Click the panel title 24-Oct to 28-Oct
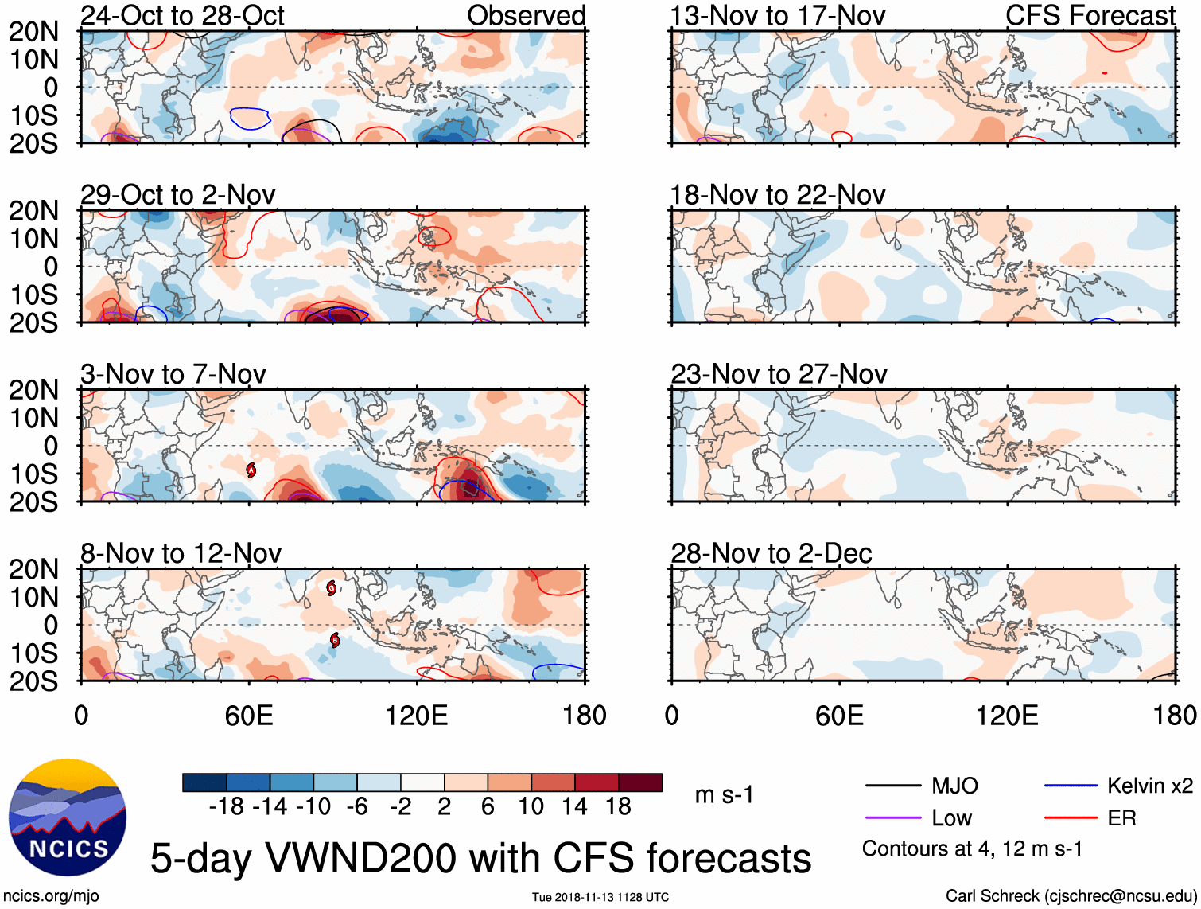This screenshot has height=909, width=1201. pyautogui.click(x=182, y=16)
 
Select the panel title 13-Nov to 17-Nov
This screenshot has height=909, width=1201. pyautogui.click(x=777, y=16)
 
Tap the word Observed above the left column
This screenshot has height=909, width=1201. pyautogui.click(x=526, y=16)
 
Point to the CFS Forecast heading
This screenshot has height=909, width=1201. pyautogui.click(x=1090, y=16)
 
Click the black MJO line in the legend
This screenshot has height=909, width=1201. pyautogui.click(x=892, y=786)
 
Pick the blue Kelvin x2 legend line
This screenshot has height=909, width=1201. pyautogui.click(x=1071, y=786)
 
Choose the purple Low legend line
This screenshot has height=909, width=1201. pyautogui.click(x=892, y=818)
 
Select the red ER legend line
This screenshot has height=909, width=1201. pyautogui.click(x=1071, y=818)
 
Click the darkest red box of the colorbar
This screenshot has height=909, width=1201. pyautogui.click(x=640, y=782)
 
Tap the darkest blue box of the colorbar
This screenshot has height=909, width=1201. pyautogui.click(x=204, y=782)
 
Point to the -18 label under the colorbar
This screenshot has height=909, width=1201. pyautogui.click(x=227, y=807)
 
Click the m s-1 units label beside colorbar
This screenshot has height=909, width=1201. pyautogui.click(x=724, y=794)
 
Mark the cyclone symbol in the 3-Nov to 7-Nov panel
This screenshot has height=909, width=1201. pyautogui.click(x=251, y=470)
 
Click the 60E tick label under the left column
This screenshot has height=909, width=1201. pyautogui.click(x=249, y=716)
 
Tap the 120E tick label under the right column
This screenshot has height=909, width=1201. pyautogui.click(x=1007, y=716)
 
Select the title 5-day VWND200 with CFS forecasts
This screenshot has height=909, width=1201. pyautogui.click(x=480, y=858)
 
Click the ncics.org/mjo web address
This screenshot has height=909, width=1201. pyautogui.click(x=51, y=896)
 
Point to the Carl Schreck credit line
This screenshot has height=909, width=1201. pyautogui.click(x=1071, y=896)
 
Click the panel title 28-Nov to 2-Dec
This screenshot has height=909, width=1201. pyautogui.click(x=771, y=553)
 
